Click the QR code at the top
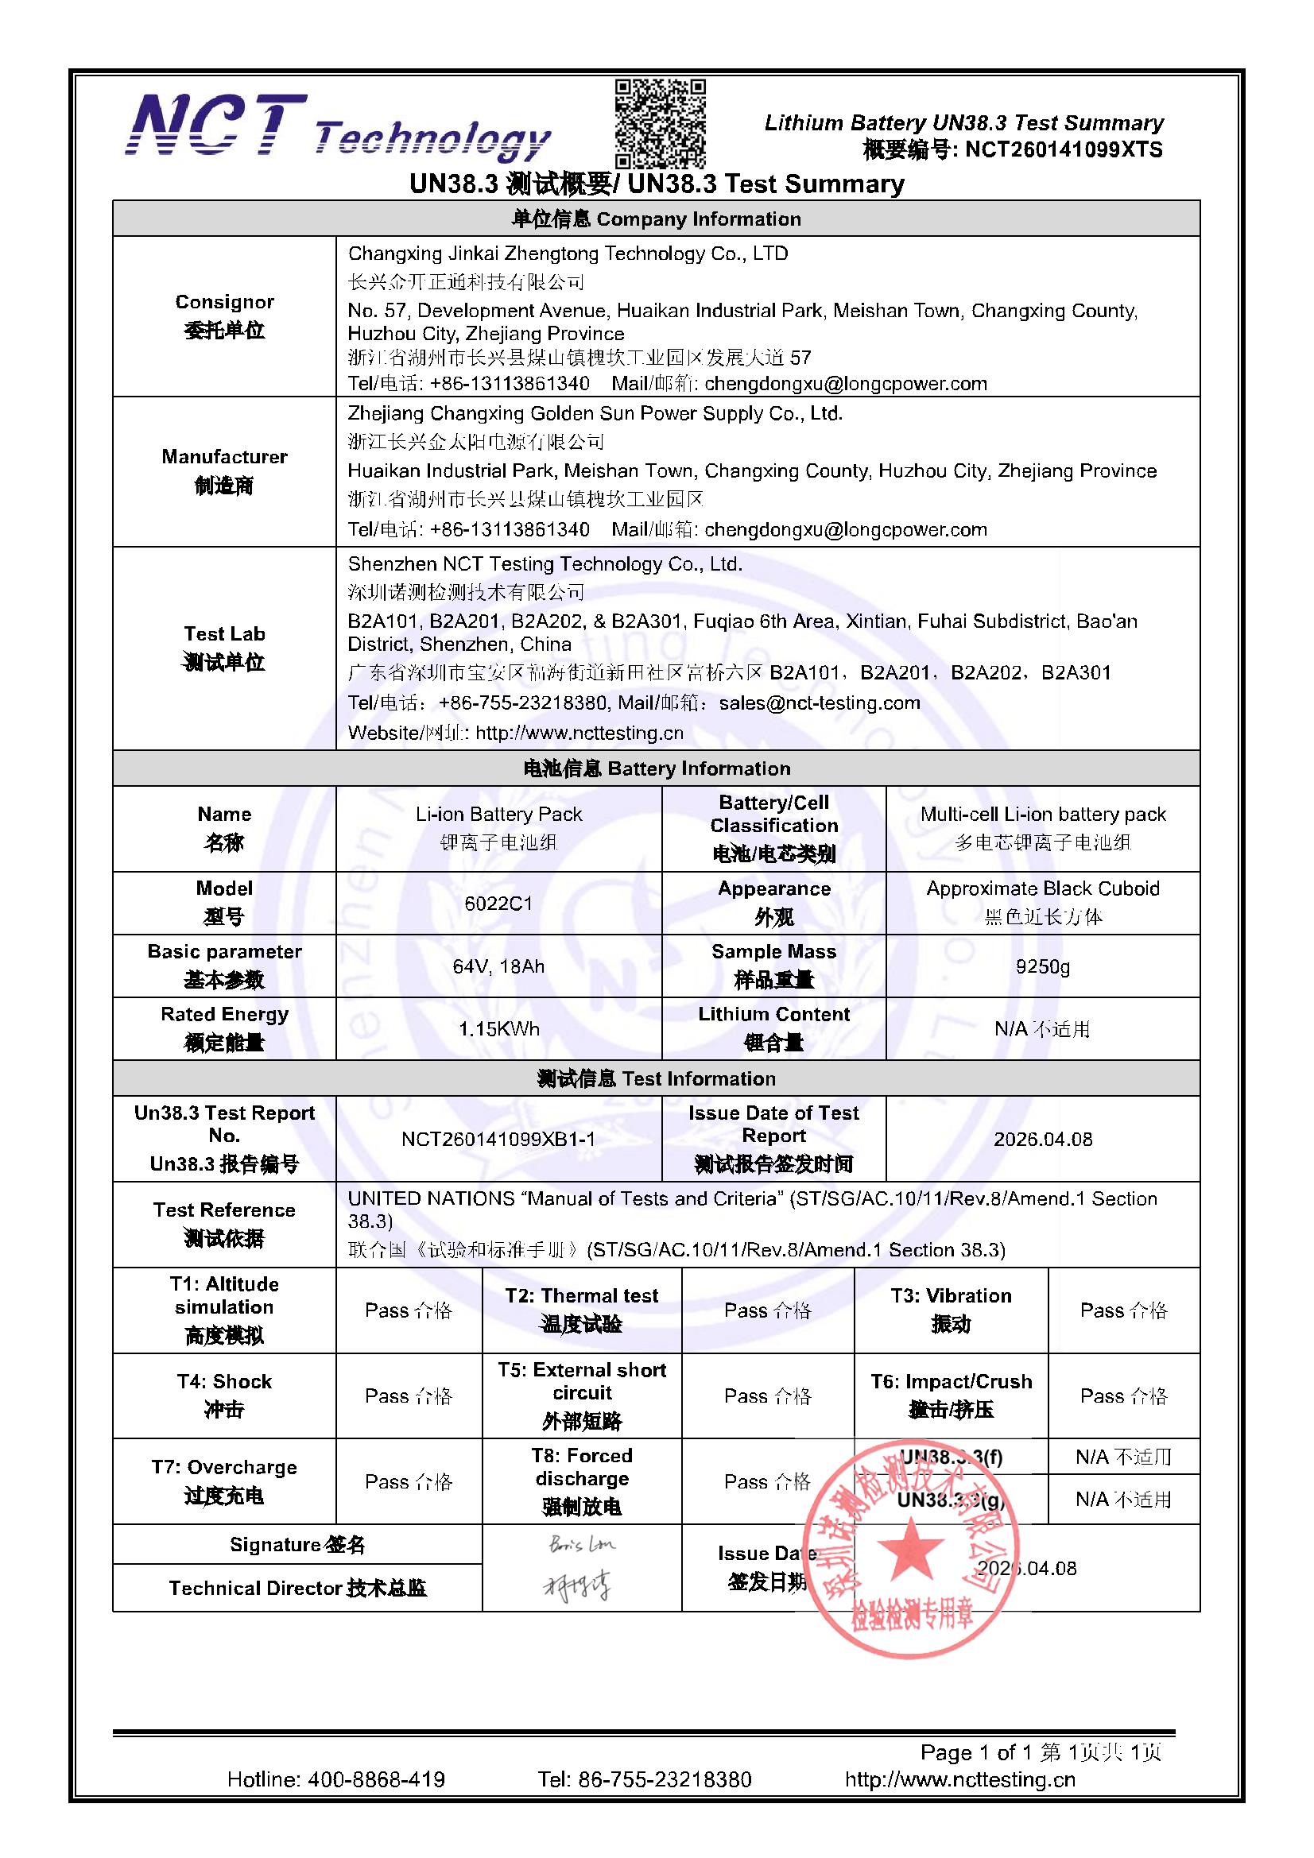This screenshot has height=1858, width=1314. (x=660, y=123)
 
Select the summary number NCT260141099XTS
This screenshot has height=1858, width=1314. (x=1063, y=149)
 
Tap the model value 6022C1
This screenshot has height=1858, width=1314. (x=498, y=903)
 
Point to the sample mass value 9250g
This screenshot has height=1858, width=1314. (x=1043, y=966)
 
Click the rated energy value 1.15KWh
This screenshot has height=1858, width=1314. (x=498, y=1029)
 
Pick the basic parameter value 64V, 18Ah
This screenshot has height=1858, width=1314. (x=498, y=966)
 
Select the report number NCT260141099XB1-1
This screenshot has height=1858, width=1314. (x=498, y=1140)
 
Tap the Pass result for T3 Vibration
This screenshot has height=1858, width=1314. (x=1124, y=1310)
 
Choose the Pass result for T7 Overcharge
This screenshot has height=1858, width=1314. (x=409, y=1481)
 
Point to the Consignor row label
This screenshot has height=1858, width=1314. (x=224, y=316)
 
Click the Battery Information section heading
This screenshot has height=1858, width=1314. (x=656, y=768)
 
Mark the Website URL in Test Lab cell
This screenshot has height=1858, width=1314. (x=579, y=734)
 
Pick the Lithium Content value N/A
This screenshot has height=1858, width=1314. (x=1042, y=1029)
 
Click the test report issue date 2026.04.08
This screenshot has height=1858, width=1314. (x=1043, y=1140)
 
